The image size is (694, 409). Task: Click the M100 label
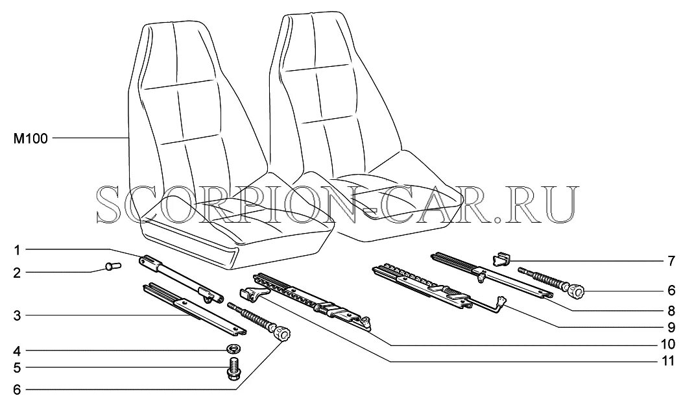[x=30, y=138]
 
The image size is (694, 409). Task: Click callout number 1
[x=18, y=249]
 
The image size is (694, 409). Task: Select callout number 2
[x=18, y=273]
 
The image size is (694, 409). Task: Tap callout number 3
[x=18, y=316]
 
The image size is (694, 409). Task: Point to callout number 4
[x=18, y=351]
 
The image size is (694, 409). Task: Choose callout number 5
[x=18, y=368]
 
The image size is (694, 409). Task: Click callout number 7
[x=671, y=262]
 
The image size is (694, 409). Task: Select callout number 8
[x=671, y=310]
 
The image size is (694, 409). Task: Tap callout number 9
[x=671, y=327]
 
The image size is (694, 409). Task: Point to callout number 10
[x=667, y=344]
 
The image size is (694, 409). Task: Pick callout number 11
[x=667, y=360]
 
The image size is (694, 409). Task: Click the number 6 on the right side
[x=671, y=290]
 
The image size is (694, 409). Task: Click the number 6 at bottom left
[x=18, y=390]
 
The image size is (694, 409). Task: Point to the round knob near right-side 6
[x=577, y=292]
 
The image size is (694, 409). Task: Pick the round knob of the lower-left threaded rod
[x=281, y=334]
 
